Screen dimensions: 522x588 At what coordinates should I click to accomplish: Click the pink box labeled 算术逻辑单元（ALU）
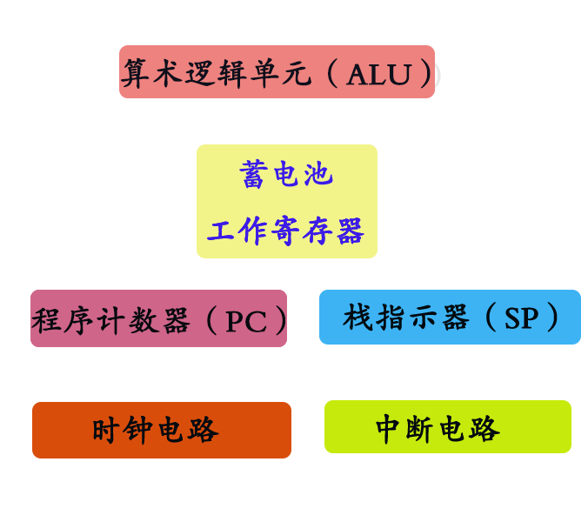[x=277, y=71]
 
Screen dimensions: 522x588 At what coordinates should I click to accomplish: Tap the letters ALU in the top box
[x=378, y=74]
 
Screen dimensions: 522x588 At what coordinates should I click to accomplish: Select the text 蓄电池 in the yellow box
[x=286, y=175]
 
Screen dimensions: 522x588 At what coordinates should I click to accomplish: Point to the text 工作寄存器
[x=286, y=231]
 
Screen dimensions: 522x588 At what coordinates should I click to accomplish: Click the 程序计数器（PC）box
[x=158, y=319]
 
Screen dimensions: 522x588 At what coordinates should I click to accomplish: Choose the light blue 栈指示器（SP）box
[x=450, y=318]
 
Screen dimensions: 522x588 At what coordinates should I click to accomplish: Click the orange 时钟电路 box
[x=162, y=430]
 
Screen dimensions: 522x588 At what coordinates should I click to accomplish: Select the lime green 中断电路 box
[x=447, y=427]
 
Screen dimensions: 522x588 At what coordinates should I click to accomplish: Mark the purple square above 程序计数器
[x=74, y=251]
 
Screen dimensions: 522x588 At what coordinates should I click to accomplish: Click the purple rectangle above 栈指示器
[x=533, y=251]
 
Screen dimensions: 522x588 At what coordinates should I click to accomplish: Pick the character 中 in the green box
[x=389, y=428]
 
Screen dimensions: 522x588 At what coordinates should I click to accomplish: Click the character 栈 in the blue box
[x=357, y=318]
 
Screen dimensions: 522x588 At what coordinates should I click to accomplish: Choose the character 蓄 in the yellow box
[x=253, y=175]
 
